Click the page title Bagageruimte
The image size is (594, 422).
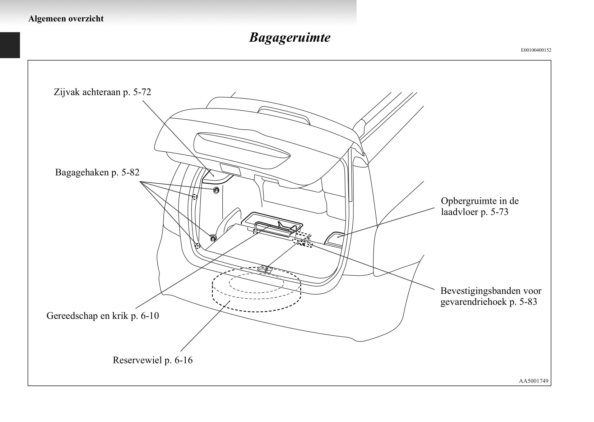289,37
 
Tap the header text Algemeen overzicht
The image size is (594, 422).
66,19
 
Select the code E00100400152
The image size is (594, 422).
536,50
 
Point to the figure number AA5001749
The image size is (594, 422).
534,381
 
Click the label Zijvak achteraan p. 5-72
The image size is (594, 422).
102,92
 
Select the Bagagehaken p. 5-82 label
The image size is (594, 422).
97,172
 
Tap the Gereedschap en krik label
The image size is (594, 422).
88,316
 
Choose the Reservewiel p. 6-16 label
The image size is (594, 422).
153,360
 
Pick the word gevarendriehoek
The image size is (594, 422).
474,302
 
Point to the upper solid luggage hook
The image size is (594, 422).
216,190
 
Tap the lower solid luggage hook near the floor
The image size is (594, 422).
213,238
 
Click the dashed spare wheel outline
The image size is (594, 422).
256,311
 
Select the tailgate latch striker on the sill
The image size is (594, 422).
265,269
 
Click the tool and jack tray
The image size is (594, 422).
272,224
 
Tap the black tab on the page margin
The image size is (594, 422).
10,45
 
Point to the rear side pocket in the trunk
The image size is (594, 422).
216,176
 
